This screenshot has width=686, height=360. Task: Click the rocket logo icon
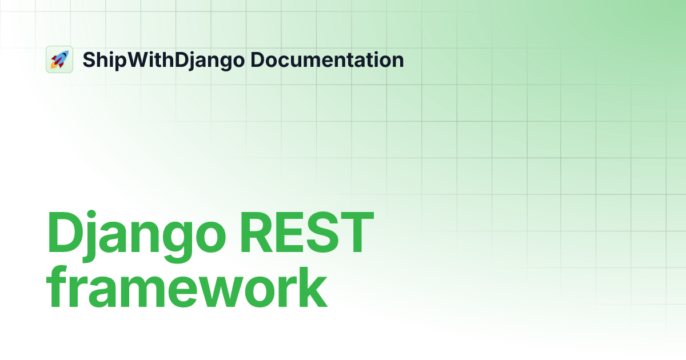[x=59, y=59]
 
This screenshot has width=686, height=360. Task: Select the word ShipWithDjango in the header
[x=163, y=60]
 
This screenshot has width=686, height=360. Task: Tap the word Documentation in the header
[x=327, y=59]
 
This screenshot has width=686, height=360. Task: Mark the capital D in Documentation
[x=257, y=59]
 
